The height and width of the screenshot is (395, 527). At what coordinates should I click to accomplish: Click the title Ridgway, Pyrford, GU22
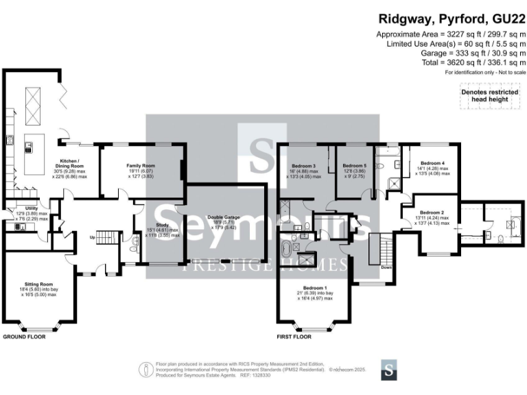(450, 19)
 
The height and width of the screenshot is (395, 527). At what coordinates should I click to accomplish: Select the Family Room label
(140, 165)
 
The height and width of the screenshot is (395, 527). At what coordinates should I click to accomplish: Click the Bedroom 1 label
(315, 288)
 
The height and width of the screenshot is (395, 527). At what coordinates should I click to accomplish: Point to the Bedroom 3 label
(303, 166)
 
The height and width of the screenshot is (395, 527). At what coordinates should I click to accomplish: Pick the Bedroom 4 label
(433, 163)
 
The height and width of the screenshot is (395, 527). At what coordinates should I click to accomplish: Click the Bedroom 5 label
(354, 166)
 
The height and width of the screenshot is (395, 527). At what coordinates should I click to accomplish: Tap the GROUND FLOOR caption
(26, 337)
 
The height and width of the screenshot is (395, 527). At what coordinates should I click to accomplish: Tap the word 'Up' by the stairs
(92, 237)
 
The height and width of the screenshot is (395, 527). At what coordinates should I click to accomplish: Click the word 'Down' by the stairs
(386, 267)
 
